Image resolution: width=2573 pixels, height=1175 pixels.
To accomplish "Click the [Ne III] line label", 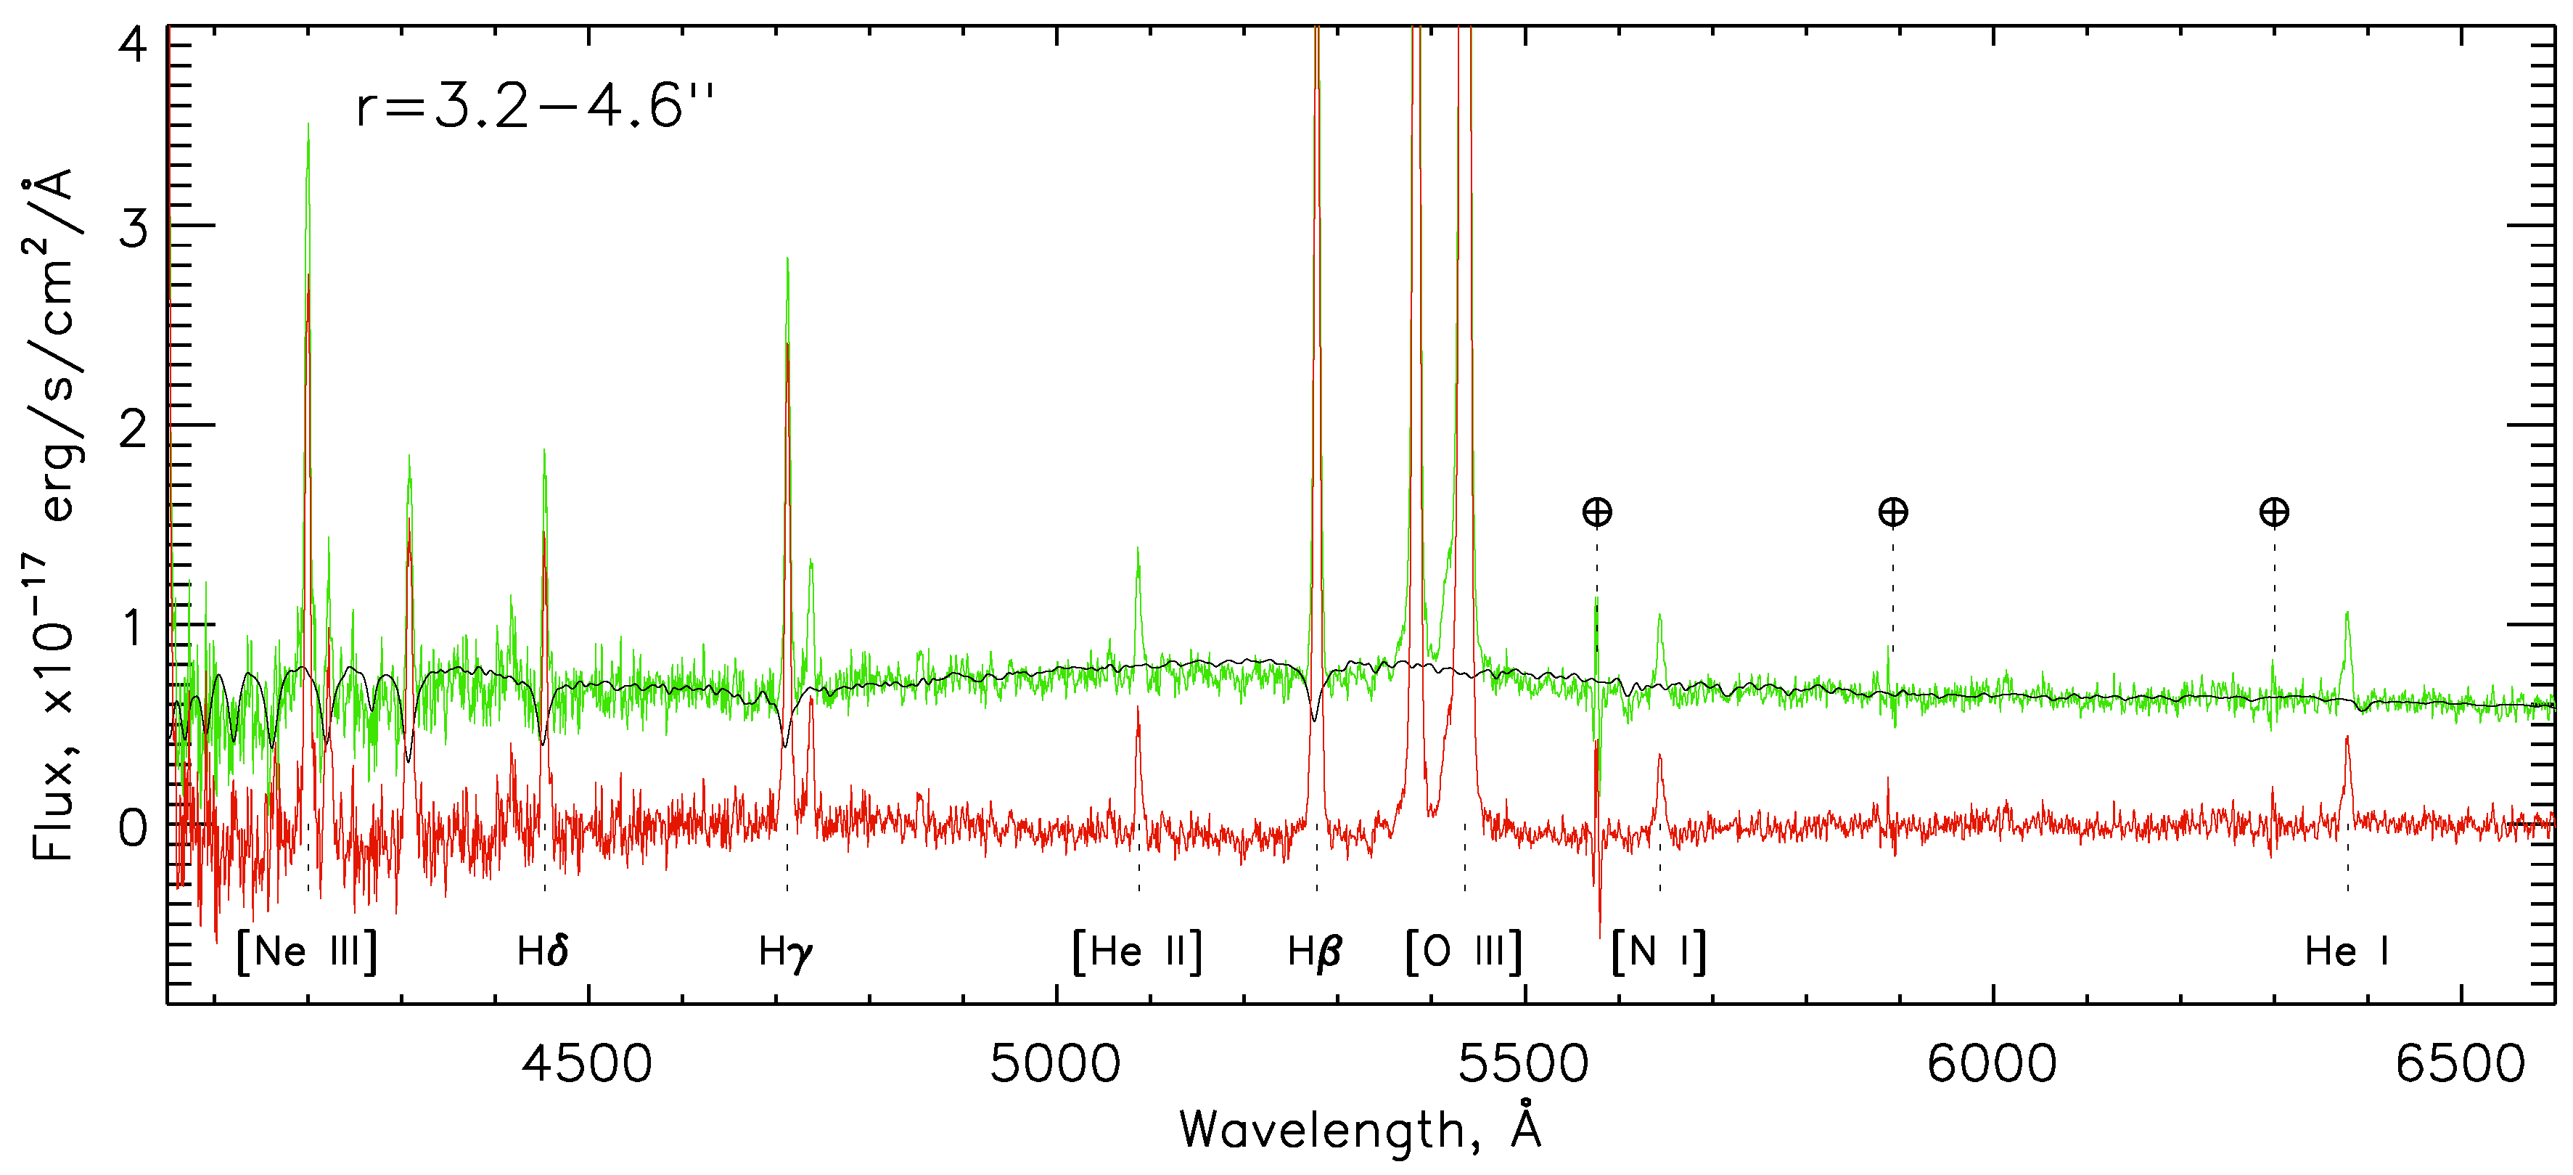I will tap(308, 951).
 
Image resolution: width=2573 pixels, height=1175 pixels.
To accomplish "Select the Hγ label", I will tap(786, 952).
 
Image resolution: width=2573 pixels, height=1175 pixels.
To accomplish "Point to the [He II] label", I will tap(1137, 951).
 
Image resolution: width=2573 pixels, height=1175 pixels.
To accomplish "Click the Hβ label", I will tap(1315, 951).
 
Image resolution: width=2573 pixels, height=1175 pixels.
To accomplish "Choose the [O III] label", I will tap(1464, 951).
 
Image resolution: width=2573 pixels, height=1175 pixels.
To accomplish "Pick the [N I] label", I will tap(1659, 951).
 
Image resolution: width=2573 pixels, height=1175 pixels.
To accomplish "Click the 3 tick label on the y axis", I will tap(133, 229).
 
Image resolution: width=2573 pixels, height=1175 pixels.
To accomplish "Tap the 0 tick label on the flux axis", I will tap(133, 827).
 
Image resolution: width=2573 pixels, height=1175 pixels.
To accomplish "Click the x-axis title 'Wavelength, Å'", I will tap(1361, 1129).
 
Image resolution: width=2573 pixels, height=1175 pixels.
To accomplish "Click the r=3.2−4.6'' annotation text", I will tap(535, 106).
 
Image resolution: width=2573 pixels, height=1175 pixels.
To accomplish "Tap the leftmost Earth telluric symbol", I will tap(1597, 512).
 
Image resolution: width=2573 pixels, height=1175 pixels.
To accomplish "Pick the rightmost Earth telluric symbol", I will tap(2274, 512).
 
